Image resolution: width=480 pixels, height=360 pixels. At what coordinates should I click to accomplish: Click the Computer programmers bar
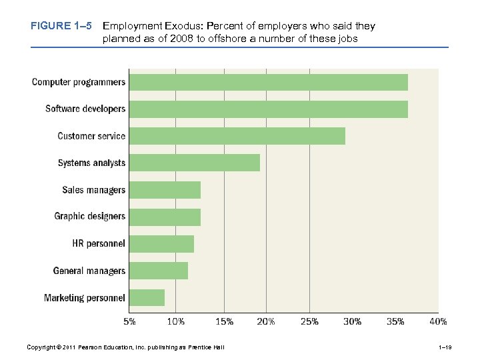(268, 82)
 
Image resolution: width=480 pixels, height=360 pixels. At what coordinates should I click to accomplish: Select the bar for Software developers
(268, 109)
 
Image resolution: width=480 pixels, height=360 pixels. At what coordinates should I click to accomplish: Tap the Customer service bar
(237, 136)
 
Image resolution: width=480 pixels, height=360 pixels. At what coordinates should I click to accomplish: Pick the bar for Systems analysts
(194, 163)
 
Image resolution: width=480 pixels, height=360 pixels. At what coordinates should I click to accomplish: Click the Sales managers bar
(165, 190)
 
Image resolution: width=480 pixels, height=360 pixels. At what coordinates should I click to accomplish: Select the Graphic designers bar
(165, 217)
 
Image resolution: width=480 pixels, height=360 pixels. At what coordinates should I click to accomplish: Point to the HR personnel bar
(161, 244)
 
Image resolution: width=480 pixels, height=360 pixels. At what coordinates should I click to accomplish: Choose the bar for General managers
(158, 271)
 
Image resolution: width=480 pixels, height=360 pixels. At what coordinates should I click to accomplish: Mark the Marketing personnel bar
(147, 297)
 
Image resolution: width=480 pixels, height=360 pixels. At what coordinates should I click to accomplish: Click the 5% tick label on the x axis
(130, 322)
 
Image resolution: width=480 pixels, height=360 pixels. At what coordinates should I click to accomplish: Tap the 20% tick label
(266, 322)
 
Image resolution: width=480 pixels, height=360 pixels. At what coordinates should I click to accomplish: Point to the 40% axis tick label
(438, 322)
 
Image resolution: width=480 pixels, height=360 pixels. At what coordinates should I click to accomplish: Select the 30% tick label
(352, 322)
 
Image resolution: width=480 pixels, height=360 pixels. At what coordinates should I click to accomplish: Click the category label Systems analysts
(91, 163)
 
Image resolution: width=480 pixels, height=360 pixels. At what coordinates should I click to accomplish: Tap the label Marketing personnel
(85, 297)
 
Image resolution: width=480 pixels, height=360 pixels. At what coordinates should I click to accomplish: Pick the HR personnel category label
(99, 244)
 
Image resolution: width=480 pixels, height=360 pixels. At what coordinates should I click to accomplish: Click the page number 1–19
(446, 347)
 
